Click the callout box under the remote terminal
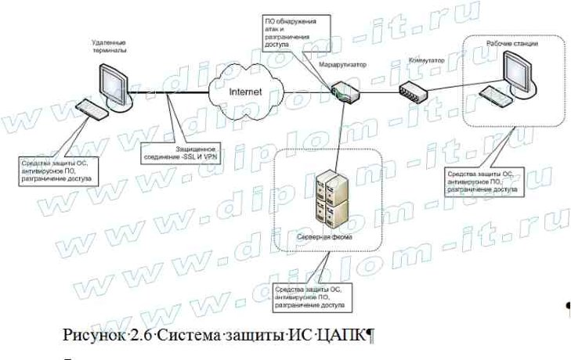[x=56, y=169]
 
